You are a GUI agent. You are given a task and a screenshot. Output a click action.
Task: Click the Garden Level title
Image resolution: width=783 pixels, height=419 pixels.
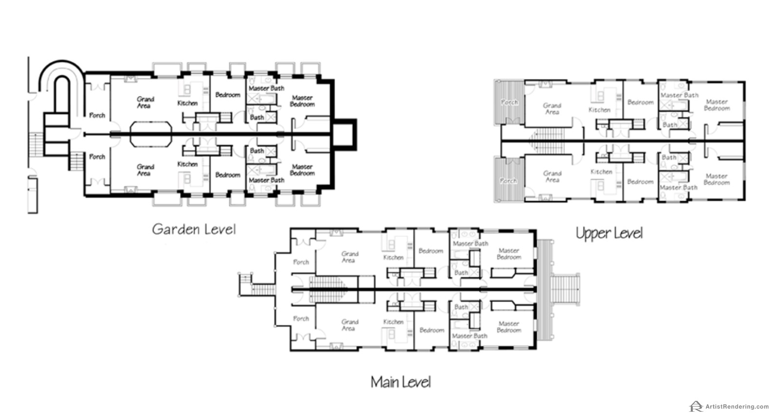[x=194, y=229]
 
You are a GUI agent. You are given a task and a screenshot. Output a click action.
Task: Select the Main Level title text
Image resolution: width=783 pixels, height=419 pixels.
[x=401, y=382]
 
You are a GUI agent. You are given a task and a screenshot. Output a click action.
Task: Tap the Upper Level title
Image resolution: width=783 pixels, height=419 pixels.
[x=609, y=233]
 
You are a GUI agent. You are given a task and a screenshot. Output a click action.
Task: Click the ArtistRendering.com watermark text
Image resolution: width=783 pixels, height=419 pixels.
[x=737, y=406]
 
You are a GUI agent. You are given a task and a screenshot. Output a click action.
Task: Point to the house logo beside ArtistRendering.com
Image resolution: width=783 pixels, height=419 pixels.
[x=696, y=406]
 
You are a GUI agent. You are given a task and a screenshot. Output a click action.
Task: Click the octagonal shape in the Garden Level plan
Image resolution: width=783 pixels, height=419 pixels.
[x=151, y=134]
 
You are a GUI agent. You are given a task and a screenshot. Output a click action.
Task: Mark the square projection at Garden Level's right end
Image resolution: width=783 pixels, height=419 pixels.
[x=344, y=135]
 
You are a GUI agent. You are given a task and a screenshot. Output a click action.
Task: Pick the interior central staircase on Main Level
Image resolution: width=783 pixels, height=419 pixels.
[x=328, y=289]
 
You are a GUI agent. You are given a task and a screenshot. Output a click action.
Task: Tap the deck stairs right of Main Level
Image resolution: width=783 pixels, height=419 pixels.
[x=565, y=289]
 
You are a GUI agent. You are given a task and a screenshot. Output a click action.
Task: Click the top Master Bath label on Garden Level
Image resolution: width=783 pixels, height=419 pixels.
[x=266, y=88]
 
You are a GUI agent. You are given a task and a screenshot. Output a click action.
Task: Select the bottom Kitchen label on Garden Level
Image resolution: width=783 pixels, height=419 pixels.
[x=187, y=164]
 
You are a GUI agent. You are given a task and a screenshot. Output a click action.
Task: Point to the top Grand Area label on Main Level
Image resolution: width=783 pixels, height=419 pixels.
[x=349, y=257]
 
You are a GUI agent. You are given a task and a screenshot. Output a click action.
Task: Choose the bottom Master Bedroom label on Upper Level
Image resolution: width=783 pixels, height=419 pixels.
[x=717, y=179]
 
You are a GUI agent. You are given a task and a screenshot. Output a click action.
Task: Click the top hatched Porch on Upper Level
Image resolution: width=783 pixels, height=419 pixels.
[x=509, y=102]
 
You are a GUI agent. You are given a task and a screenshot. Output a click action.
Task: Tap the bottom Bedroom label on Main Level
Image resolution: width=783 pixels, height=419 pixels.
[x=432, y=330]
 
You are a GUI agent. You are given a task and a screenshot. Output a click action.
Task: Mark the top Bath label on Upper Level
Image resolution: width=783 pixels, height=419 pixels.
[x=669, y=125]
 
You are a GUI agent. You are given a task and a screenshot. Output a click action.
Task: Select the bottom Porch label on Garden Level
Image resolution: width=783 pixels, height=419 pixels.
[x=97, y=157]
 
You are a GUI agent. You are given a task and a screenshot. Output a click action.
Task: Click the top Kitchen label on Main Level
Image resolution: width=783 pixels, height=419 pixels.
[x=393, y=257]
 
